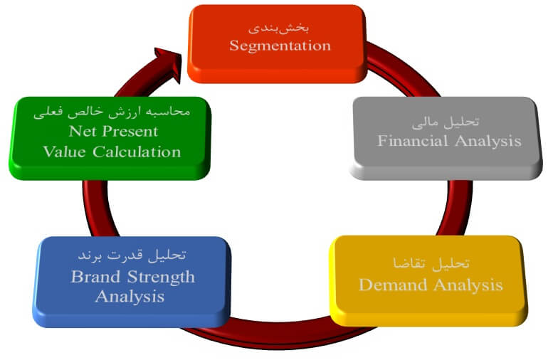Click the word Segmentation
coord(280,45)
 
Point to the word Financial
coord(411,140)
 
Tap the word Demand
coord(392,285)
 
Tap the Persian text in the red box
coord(280,27)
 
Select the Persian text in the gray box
coord(448,122)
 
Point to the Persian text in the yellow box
coord(430,263)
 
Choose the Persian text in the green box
coord(112,112)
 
